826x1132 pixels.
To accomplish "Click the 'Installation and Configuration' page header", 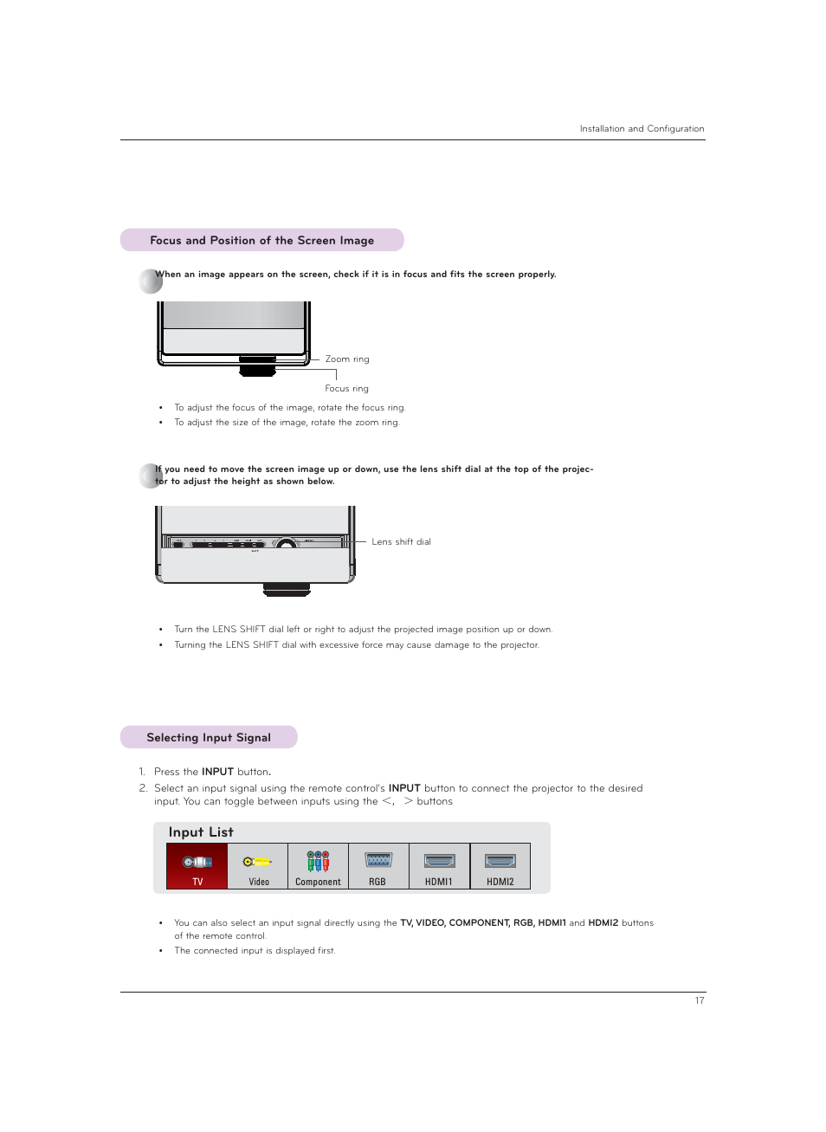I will (x=642, y=128).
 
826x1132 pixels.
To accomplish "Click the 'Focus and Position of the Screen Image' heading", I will (x=261, y=240).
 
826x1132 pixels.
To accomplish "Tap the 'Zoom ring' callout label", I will (x=347, y=359).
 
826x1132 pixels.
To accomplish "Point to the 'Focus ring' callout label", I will (x=346, y=388).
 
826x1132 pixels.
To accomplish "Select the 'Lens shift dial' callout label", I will (x=401, y=541).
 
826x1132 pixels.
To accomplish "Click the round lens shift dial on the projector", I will (x=286, y=544).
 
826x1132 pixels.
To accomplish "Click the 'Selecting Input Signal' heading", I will (x=209, y=737).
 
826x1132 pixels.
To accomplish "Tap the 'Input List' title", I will (x=201, y=831).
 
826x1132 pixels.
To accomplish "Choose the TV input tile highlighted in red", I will (x=197, y=866).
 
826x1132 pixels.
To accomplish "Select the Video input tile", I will (x=258, y=866).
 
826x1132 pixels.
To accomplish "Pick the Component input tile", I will (x=318, y=866).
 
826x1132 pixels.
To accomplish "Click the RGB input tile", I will (x=378, y=866).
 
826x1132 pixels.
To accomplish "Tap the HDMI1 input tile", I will (x=439, y=866).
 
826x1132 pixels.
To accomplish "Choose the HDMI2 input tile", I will (x=500, y=866).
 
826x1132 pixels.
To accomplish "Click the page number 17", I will (x=700, y=1000).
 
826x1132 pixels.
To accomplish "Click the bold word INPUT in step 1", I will (x=217, y=771).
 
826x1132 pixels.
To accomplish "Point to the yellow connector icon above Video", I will (x=257, y=861).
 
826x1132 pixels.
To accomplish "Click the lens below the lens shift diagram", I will (x=287, y=590).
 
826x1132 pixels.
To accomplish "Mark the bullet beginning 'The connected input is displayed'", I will (x=255, y=950).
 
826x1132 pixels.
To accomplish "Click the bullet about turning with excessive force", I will (x=356, y=644).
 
